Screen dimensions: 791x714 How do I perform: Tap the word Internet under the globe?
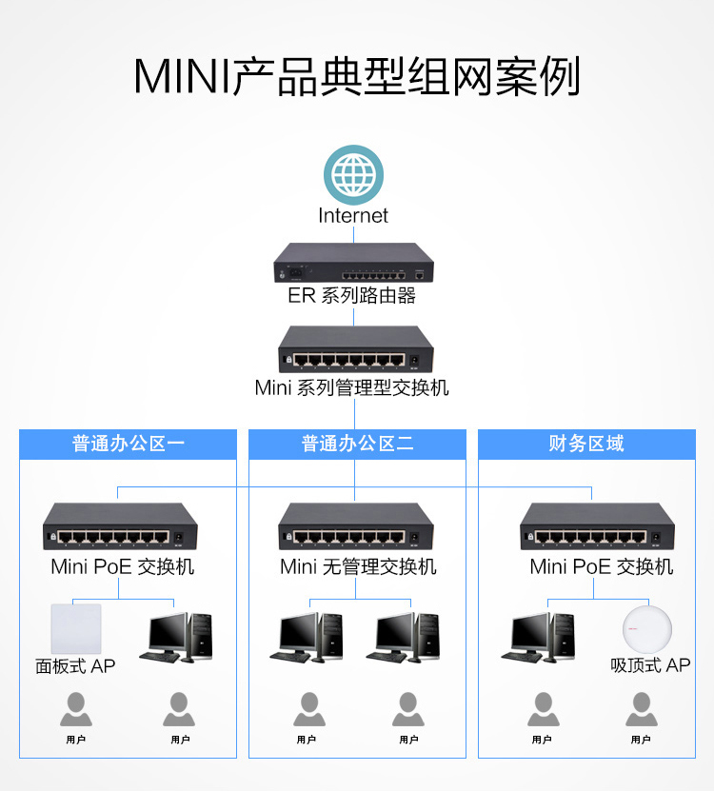(353, 216)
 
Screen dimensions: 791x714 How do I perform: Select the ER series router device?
(354, 262)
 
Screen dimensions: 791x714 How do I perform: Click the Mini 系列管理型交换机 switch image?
(354, 349)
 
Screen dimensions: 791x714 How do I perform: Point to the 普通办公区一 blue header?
(128, 444)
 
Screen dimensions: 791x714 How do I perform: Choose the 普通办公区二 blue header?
(357, 444)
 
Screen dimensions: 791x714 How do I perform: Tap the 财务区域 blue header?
(586, 444)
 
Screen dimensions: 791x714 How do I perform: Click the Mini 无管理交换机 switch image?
(354, 526)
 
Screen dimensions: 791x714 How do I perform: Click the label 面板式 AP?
(75, 666)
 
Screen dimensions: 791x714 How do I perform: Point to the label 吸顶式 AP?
(650, 665)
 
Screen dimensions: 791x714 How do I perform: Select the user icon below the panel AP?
(75, 709)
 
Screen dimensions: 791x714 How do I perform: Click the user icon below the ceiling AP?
(641, 709)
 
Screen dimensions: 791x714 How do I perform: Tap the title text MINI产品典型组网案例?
(356, 77)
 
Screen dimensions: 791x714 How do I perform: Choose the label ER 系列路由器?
(352, 296)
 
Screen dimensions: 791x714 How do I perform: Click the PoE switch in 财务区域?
(597, 526)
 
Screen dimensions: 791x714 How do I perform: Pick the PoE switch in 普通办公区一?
(119, 526)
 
